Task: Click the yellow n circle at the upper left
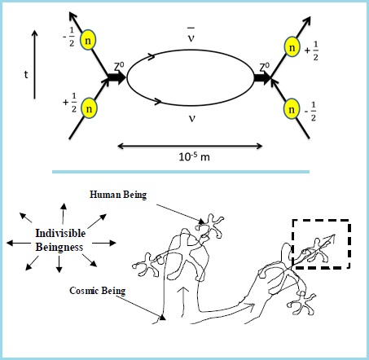(88, 40)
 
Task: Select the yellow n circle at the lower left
(89, 108)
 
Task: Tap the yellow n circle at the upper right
(292, 47)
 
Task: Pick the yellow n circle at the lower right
(292, 109)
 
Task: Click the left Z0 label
(119, 67)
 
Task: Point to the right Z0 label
(264, 67)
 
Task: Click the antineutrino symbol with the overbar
(191, 35)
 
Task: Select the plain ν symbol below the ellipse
(192, 118)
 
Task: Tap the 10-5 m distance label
(194, 156)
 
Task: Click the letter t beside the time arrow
(26, 74)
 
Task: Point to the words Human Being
(118, 195)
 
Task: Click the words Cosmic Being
(98, 291)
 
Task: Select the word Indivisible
(60, 233)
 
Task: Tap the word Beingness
(59, 248)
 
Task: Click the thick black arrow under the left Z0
(116, 77)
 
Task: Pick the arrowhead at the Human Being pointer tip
(202, 222)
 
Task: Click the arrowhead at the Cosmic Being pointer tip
(162, 317)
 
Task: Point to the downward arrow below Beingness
(59, 265)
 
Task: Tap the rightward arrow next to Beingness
(104, 243)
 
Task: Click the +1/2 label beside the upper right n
(312, 50)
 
